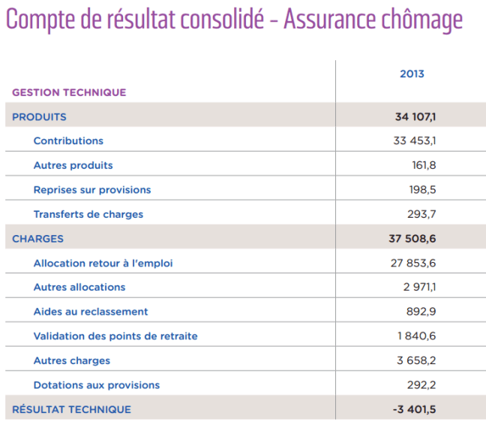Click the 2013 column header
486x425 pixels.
click(x=412, y=74)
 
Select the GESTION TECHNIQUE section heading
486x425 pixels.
click(x=69, y=92)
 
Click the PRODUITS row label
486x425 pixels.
click(x=39, y=116)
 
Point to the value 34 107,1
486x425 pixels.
click(x=415, y=116)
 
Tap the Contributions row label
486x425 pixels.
click(x=68, y=140)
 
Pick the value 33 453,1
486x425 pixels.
click(x=415, y=140)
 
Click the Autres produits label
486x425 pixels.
click(x=73, y=165)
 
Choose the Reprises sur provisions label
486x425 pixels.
click(x=92, y=189)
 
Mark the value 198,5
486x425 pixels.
click(x=422, y=189)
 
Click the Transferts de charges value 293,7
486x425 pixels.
click(x=422, y=214)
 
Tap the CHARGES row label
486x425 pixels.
click(x=37, y=239)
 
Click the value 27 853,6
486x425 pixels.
click(x=415, y=263)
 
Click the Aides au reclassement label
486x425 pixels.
click(x=91, y=312)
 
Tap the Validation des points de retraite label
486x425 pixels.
click(x=115, y=336)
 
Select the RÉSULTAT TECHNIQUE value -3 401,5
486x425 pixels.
click(x=415, y=409)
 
